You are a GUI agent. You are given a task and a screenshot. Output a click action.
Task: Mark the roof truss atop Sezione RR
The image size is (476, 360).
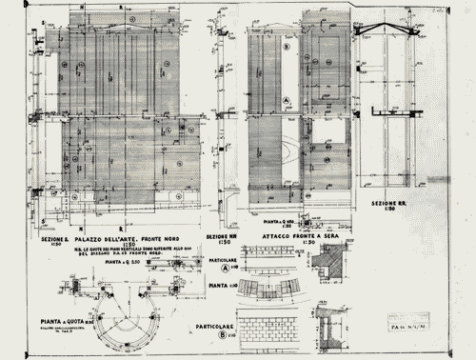(390, 28)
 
